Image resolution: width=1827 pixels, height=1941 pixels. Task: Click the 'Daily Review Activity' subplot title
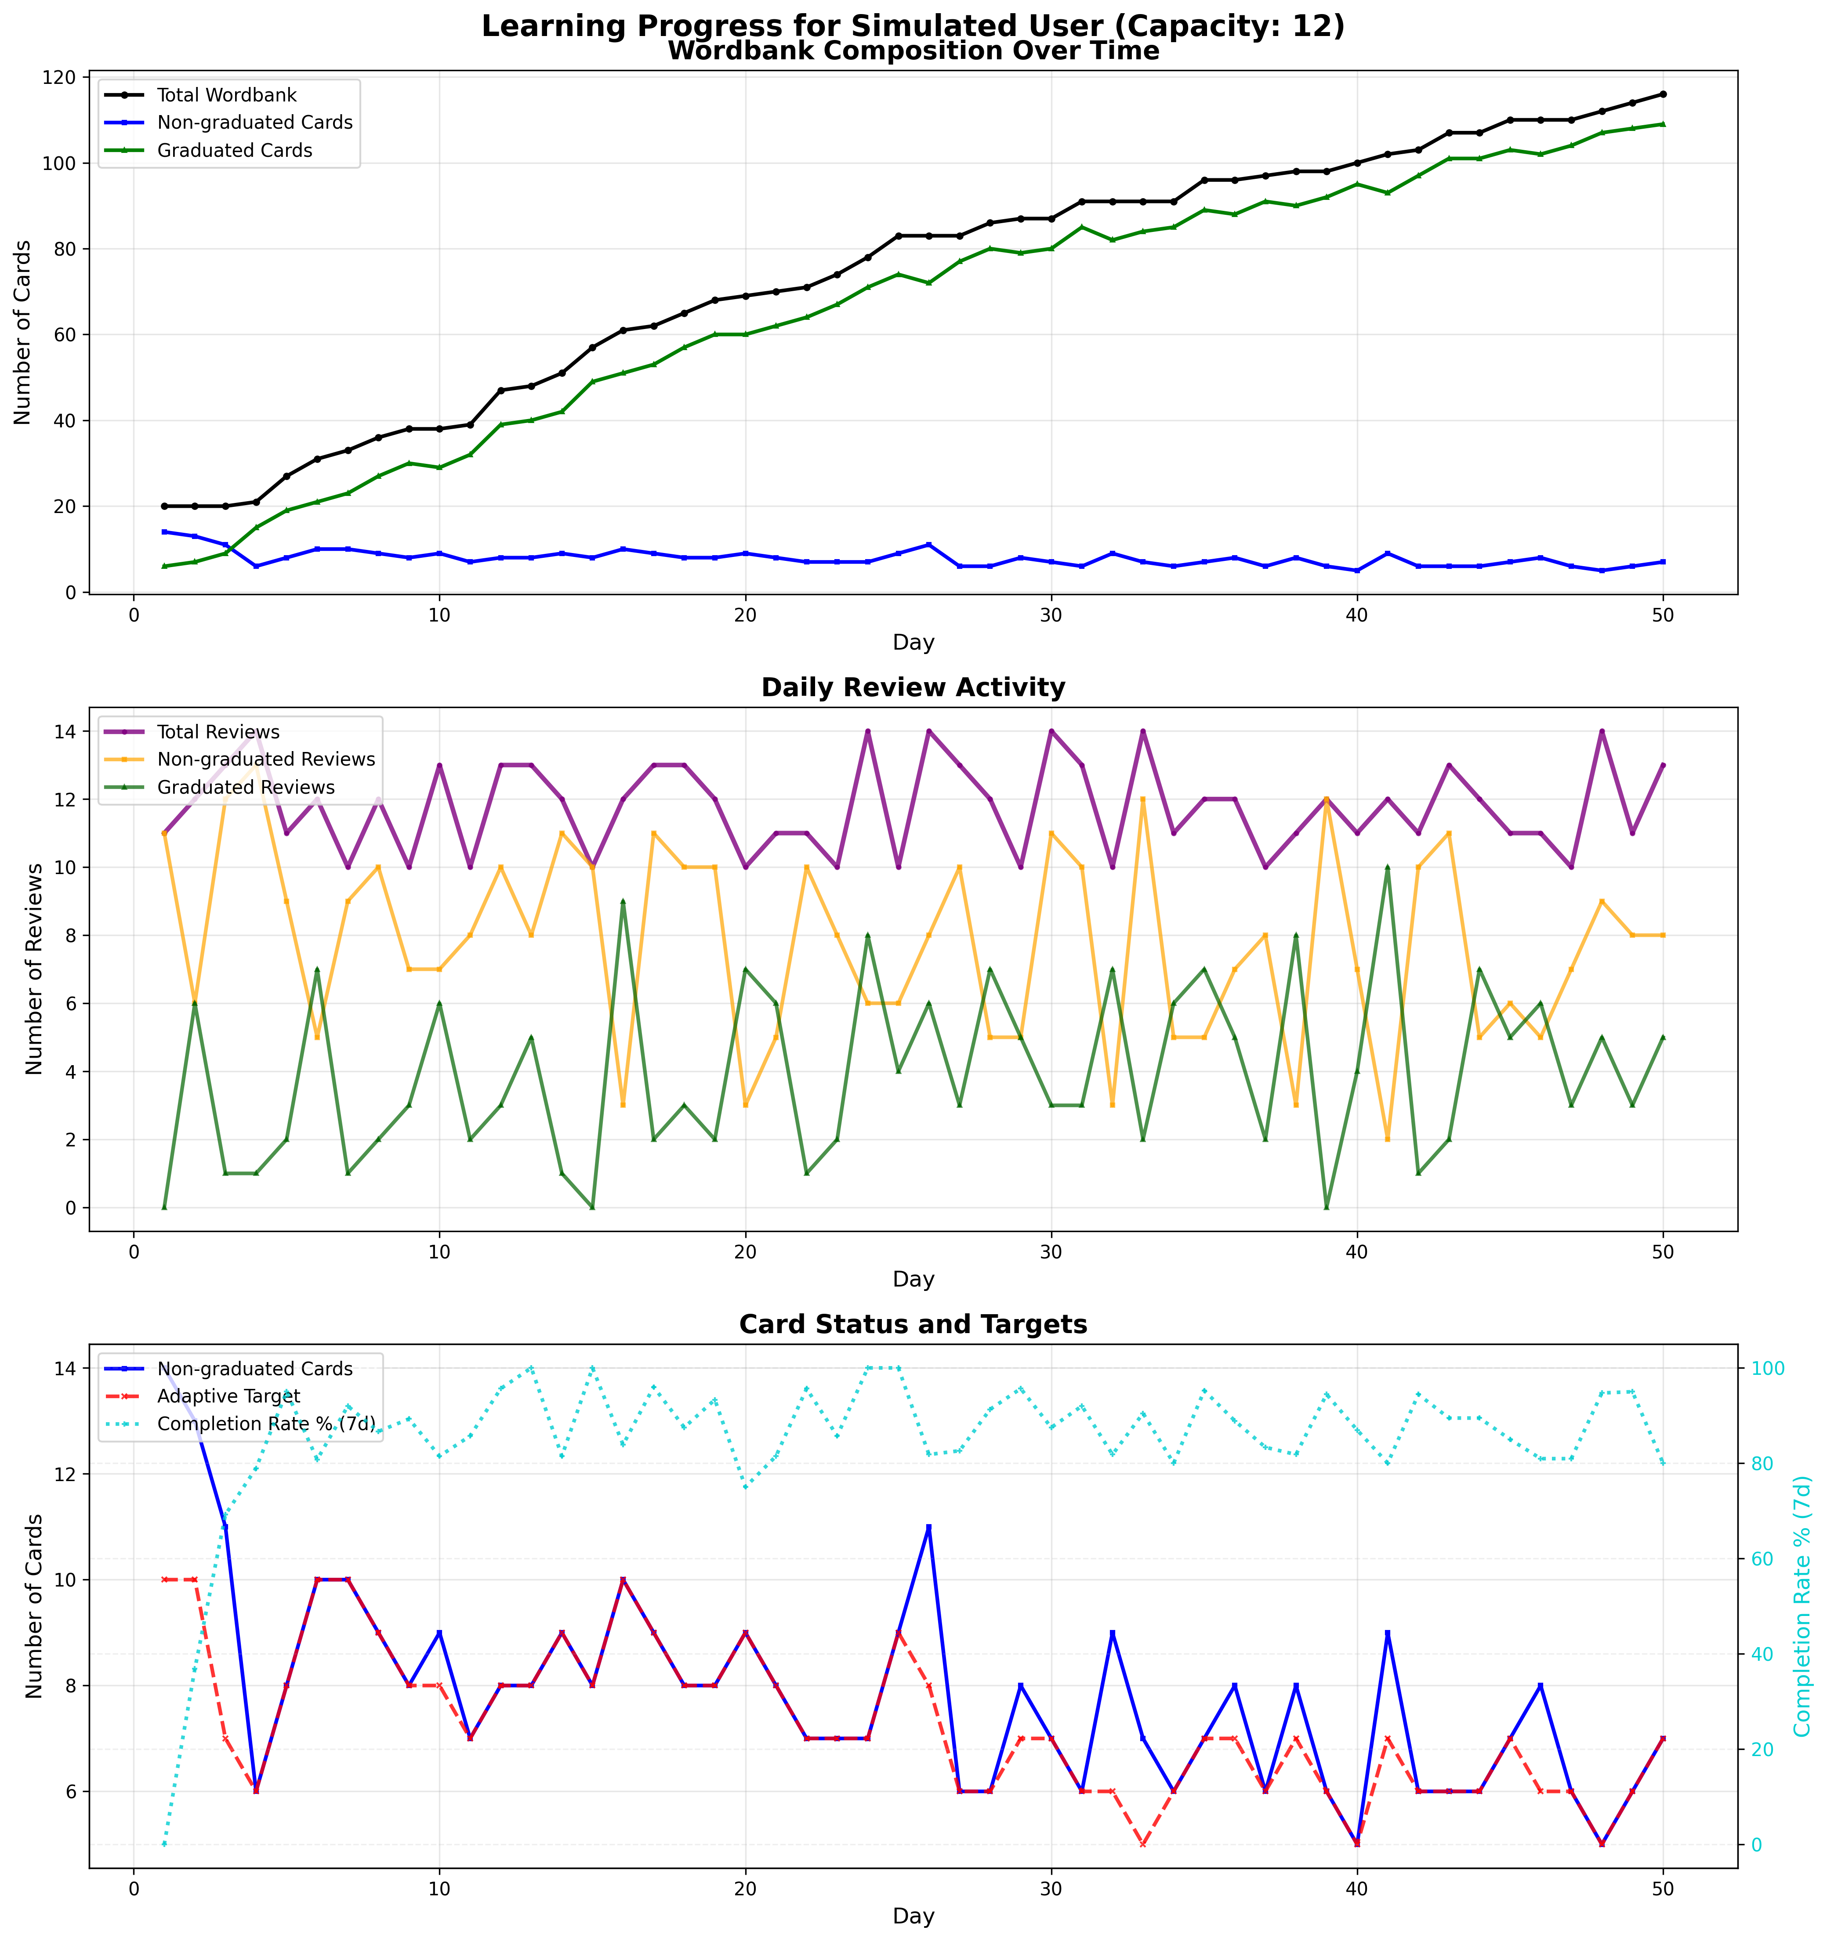913,687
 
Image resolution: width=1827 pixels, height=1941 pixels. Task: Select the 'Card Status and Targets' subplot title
913,1325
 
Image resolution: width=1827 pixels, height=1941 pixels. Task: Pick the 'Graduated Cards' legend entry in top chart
234,150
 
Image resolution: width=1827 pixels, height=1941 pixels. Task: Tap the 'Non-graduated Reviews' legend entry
265,759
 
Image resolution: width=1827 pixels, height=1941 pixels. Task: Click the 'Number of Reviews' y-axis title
35,969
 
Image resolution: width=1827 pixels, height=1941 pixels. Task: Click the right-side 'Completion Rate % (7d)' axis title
1802,1606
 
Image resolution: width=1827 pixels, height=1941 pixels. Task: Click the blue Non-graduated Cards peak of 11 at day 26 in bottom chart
928,1527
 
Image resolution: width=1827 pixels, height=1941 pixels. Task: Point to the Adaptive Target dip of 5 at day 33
1142,1844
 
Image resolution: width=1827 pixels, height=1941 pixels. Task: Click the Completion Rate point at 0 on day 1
164,1844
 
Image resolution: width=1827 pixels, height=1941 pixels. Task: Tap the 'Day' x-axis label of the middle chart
913,1279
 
